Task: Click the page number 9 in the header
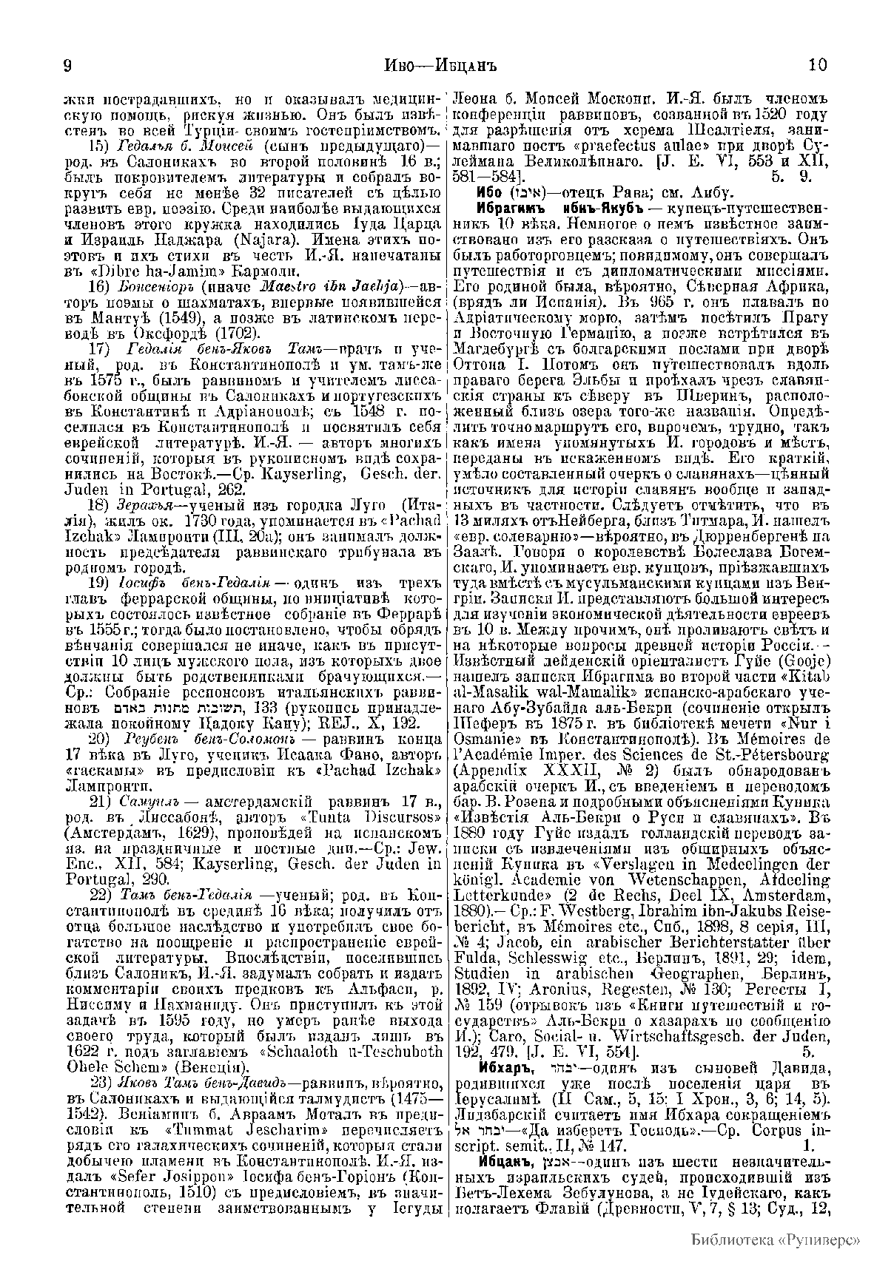67,64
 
